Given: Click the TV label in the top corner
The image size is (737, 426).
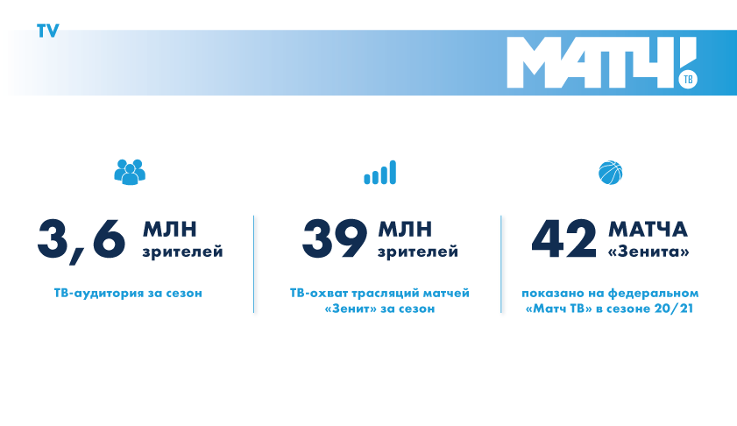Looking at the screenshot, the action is tap(48, 31).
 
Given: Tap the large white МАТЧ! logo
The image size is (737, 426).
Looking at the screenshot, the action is tap(602, 62).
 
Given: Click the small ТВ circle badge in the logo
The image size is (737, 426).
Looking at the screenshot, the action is tap(688, 79).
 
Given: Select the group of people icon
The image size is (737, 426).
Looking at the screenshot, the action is tap(130, 172).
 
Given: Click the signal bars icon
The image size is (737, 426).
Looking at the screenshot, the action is tap(380, 172).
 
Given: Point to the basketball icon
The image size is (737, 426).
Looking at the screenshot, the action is tap(611, 173).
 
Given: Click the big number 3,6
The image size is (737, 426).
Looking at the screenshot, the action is tap(81, 240).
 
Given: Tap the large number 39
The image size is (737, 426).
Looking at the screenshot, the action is tap(335, 239).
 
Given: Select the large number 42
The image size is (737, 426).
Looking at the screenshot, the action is tap(564, 239).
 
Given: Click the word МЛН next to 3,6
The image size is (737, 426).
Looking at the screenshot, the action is tap(170, 230).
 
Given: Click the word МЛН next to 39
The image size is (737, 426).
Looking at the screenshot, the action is tap(405, 230).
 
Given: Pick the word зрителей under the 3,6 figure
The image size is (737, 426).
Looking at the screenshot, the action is tap(183, 252).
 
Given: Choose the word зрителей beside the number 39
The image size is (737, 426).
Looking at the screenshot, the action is tap(418, 252).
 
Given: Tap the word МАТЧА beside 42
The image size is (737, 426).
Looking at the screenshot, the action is tap(648, 230).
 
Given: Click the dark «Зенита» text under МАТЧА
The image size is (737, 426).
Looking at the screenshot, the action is tap(648, 252).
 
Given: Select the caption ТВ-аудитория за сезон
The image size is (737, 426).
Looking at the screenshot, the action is tap(128, 293).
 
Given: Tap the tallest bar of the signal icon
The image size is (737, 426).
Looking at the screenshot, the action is tap(393, 172).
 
